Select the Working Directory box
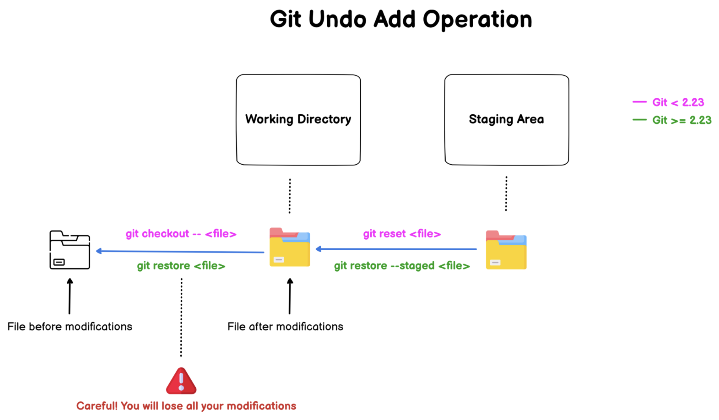(x=298, y=119)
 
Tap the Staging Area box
(x=506, y=119)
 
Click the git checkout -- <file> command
(x=181, y=234)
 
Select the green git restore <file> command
(x=181, y=266)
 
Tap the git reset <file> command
(x=402, y=234)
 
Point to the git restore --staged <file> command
(x=402, y=266)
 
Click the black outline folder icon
(x=70, y=250)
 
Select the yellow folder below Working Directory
(x=290, y=247)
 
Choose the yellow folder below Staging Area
(x=506, y=250)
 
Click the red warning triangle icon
(x=181, y=381)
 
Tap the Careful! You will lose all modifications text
(x=186, y=406)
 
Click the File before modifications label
(x=70, y=327)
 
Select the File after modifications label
(x=285, y=327)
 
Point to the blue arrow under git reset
(x=396, y=249)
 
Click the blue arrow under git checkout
(x=180, y=251)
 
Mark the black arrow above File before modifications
(x=70, y=296)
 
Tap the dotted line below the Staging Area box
(x=506, y=193)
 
